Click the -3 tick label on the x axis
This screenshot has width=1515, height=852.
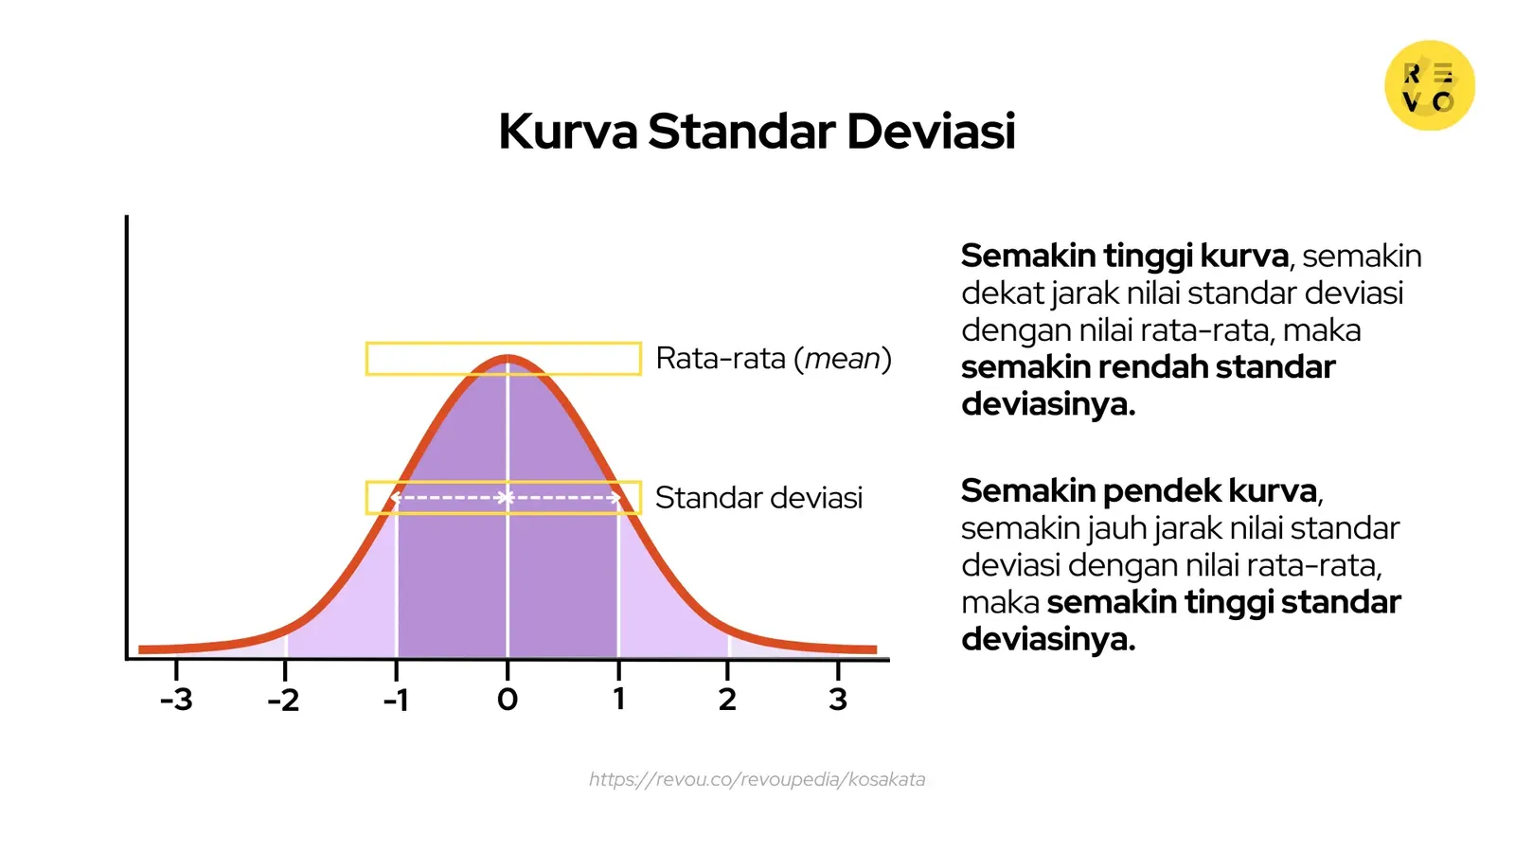[x=176, y=700]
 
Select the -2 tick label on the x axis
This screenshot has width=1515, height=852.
[x=283, y=700]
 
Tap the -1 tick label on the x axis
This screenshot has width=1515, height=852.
[x=396, y=700]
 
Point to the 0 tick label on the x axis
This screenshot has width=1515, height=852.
[x=508, y=700]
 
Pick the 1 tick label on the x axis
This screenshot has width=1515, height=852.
[x=618, y=699]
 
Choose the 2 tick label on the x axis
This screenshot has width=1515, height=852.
[x=727, y=699]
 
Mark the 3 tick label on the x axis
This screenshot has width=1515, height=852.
[x=838, y=699]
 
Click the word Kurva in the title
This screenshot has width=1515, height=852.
[x=568, y=132]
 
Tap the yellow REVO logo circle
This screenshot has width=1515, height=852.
[x=1429, y=85]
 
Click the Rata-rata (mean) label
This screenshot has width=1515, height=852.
[x=773, y=359]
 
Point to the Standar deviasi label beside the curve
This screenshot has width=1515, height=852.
[x=758, y=498]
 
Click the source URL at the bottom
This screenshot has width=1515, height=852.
[x=757, y=779]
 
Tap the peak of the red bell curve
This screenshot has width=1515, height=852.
[x=508, y=359]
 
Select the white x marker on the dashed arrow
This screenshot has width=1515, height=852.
[x=506, y=498]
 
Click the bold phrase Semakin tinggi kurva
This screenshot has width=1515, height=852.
[x=1125, y=256]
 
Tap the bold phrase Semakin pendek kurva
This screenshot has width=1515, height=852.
[x=1139, y=490]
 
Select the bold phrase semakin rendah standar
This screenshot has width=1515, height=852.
[x=1148, y=366]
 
